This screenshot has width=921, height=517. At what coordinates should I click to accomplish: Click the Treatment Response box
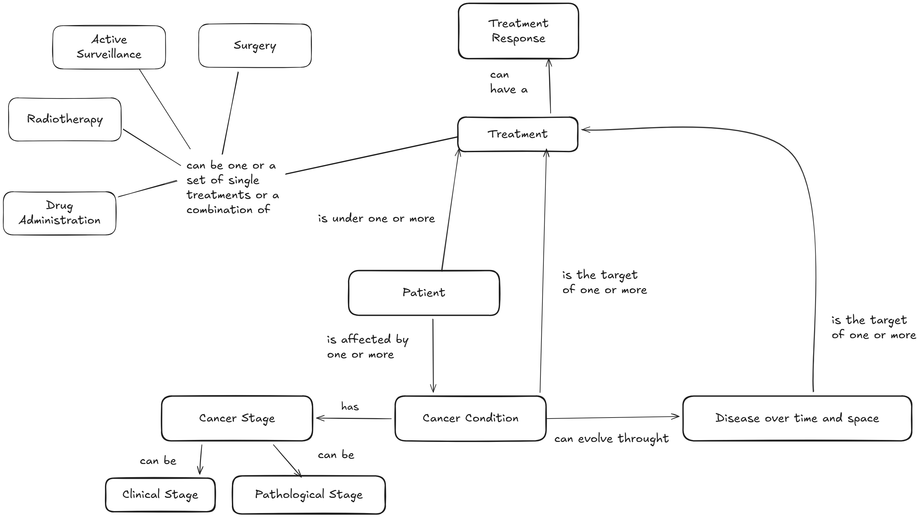pyautogui.click(x=518, y=31)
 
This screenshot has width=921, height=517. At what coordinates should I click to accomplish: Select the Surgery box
pyautogui.click(x=255, y=45)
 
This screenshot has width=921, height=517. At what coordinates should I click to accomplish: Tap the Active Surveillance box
pyautogui.click(x=109, y=47)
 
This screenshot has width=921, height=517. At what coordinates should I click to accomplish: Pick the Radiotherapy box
pyautogui.click(x=65, y=119)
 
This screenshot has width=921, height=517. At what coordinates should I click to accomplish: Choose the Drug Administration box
pyautogui.click(x=59, y=213)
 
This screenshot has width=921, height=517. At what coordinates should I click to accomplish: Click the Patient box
pyautogui.click(x=424, y=292)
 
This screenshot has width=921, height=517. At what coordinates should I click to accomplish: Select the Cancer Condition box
pyautogui.click(x=470, y=418)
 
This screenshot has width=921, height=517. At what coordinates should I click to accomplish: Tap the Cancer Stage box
pyautogui.click(x=237, y=418)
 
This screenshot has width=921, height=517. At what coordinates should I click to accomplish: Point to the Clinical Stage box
pyautogui.click(x=160, y=495)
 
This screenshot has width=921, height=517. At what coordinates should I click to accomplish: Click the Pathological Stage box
pyautogui.click(x=309, y=495)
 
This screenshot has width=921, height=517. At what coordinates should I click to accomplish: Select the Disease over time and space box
pyautogui.click(x=797, y=418)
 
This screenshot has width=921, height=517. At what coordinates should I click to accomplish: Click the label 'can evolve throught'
pyautogui.click(x=611, y=439)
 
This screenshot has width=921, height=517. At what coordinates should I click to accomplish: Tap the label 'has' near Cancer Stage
pyautogui.click(x=350, y=407)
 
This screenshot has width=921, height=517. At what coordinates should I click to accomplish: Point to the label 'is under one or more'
pyautogui.click(x=376, y=218)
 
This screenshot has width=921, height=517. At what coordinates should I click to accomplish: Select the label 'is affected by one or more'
pyautogui.click(x=367, y=346)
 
